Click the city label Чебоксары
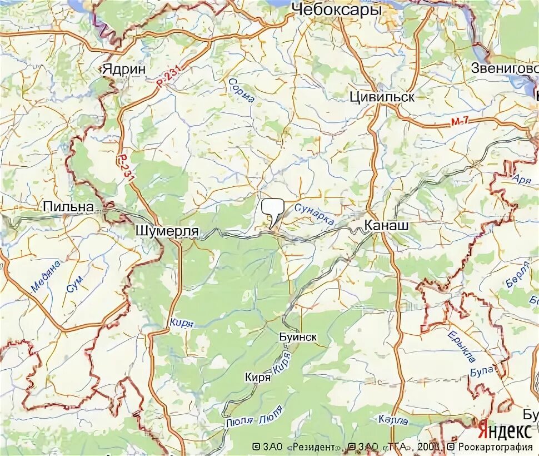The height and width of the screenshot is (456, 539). pos(336,9)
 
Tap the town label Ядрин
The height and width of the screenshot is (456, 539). pos(123,69)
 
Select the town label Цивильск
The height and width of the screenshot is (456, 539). pos(382,97)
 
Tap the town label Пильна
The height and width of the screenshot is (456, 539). pos(68,206)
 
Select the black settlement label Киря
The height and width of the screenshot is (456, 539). pos(257,377)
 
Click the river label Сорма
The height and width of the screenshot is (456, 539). pos(241,91)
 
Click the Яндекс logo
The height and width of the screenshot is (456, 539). pos(504,431)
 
